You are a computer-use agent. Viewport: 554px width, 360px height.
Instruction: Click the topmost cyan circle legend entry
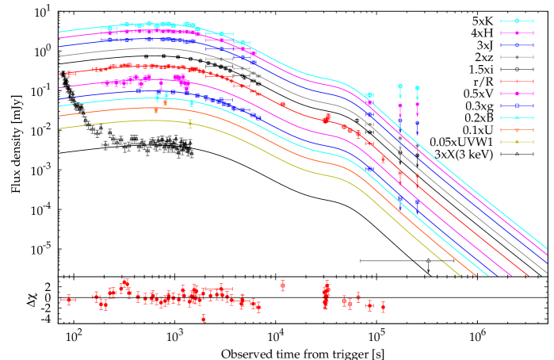click(517, 21)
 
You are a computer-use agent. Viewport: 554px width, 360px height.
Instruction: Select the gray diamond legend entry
click(517, 57)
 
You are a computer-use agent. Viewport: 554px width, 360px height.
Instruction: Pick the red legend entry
click(517, 81)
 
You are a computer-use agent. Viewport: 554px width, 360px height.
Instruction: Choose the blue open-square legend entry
click(517, 105)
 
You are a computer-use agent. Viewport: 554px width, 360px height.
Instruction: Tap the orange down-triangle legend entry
click(517, 129)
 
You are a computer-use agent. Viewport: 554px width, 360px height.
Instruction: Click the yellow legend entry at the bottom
click(517, 142)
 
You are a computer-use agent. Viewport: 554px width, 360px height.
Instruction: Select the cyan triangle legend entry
click(517, 117)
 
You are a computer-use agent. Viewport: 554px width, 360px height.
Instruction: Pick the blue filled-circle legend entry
click(517, 45)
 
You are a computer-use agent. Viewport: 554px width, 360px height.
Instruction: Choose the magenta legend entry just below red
click(517, 94)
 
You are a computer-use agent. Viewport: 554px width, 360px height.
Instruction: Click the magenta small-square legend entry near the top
click(517, 33)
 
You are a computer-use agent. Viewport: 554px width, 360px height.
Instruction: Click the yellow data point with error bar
click(189, 123)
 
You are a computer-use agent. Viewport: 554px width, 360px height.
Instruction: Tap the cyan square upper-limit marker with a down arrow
click(400, 86)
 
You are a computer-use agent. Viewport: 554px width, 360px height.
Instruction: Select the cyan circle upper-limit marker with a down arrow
click(417, 88)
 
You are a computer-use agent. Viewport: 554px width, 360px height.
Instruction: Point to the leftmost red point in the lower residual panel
click(69, 300)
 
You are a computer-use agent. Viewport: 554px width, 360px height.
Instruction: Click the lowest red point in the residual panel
click(204, 319)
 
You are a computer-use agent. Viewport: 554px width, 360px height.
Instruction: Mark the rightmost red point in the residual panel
click(383, 307)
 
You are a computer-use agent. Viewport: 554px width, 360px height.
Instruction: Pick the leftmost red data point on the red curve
click(69, 74)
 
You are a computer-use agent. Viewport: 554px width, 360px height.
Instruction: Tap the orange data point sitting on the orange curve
click(156, 110)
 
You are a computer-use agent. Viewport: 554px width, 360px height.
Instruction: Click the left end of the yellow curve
click(60, 128)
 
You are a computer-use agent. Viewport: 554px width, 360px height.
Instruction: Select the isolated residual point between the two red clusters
click(282, 285)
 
